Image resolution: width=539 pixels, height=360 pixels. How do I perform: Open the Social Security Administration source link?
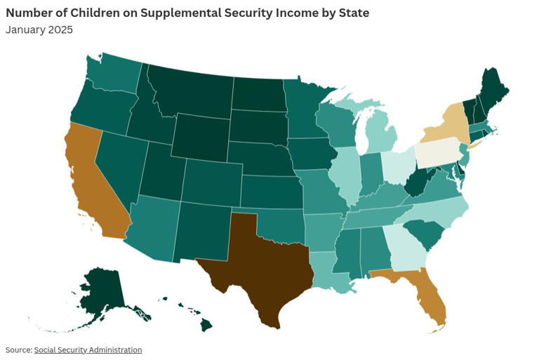pyautogui.click(x=88, y=350)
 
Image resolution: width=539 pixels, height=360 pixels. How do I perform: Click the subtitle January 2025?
pyautogui.click(x=39, y=29)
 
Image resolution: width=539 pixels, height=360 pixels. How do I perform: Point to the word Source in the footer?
pyautogui.click(x=18, y=350)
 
